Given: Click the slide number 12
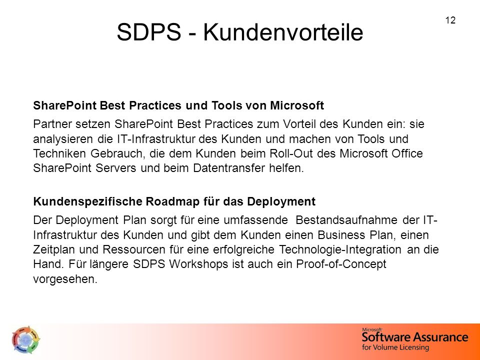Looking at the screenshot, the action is tap(450, 20).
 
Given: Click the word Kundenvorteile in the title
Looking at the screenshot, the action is tap(283, 32).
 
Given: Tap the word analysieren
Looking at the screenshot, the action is tap(63, 139).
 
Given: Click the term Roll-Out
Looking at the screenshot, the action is tap(291, 153).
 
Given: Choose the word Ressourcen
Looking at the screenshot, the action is tap(134, 249).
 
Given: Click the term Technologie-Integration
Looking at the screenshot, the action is tap(340, 249).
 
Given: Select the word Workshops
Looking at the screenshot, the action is tap(198, 264).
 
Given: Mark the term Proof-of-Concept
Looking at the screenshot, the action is tap(341, 264).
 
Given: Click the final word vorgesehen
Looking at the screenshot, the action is tap(65, 279).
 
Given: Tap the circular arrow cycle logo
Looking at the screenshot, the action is tap(25, 339).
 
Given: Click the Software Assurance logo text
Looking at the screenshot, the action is tap(415, 337).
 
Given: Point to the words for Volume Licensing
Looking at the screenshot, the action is tap(395, 347).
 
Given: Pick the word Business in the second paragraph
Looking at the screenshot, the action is tap(341, 235).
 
